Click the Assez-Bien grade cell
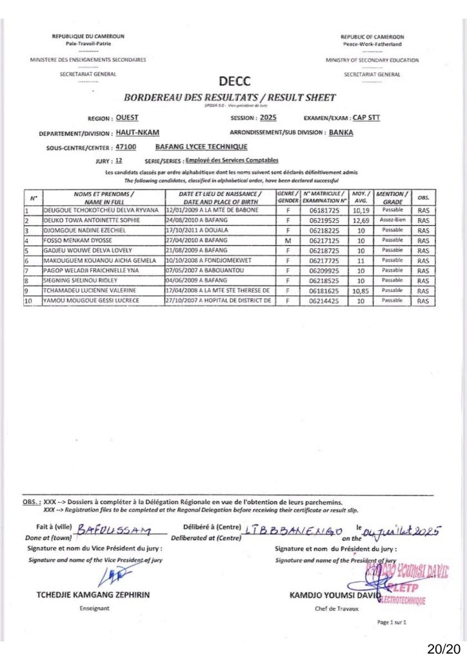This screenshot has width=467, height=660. (392, 220)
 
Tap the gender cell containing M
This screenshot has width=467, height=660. (287, 240)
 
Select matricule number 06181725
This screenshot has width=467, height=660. (325, 210)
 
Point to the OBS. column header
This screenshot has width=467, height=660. (424, 197)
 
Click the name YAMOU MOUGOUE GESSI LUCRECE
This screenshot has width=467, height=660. (92, 301)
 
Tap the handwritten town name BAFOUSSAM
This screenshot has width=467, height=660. (114, 530)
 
